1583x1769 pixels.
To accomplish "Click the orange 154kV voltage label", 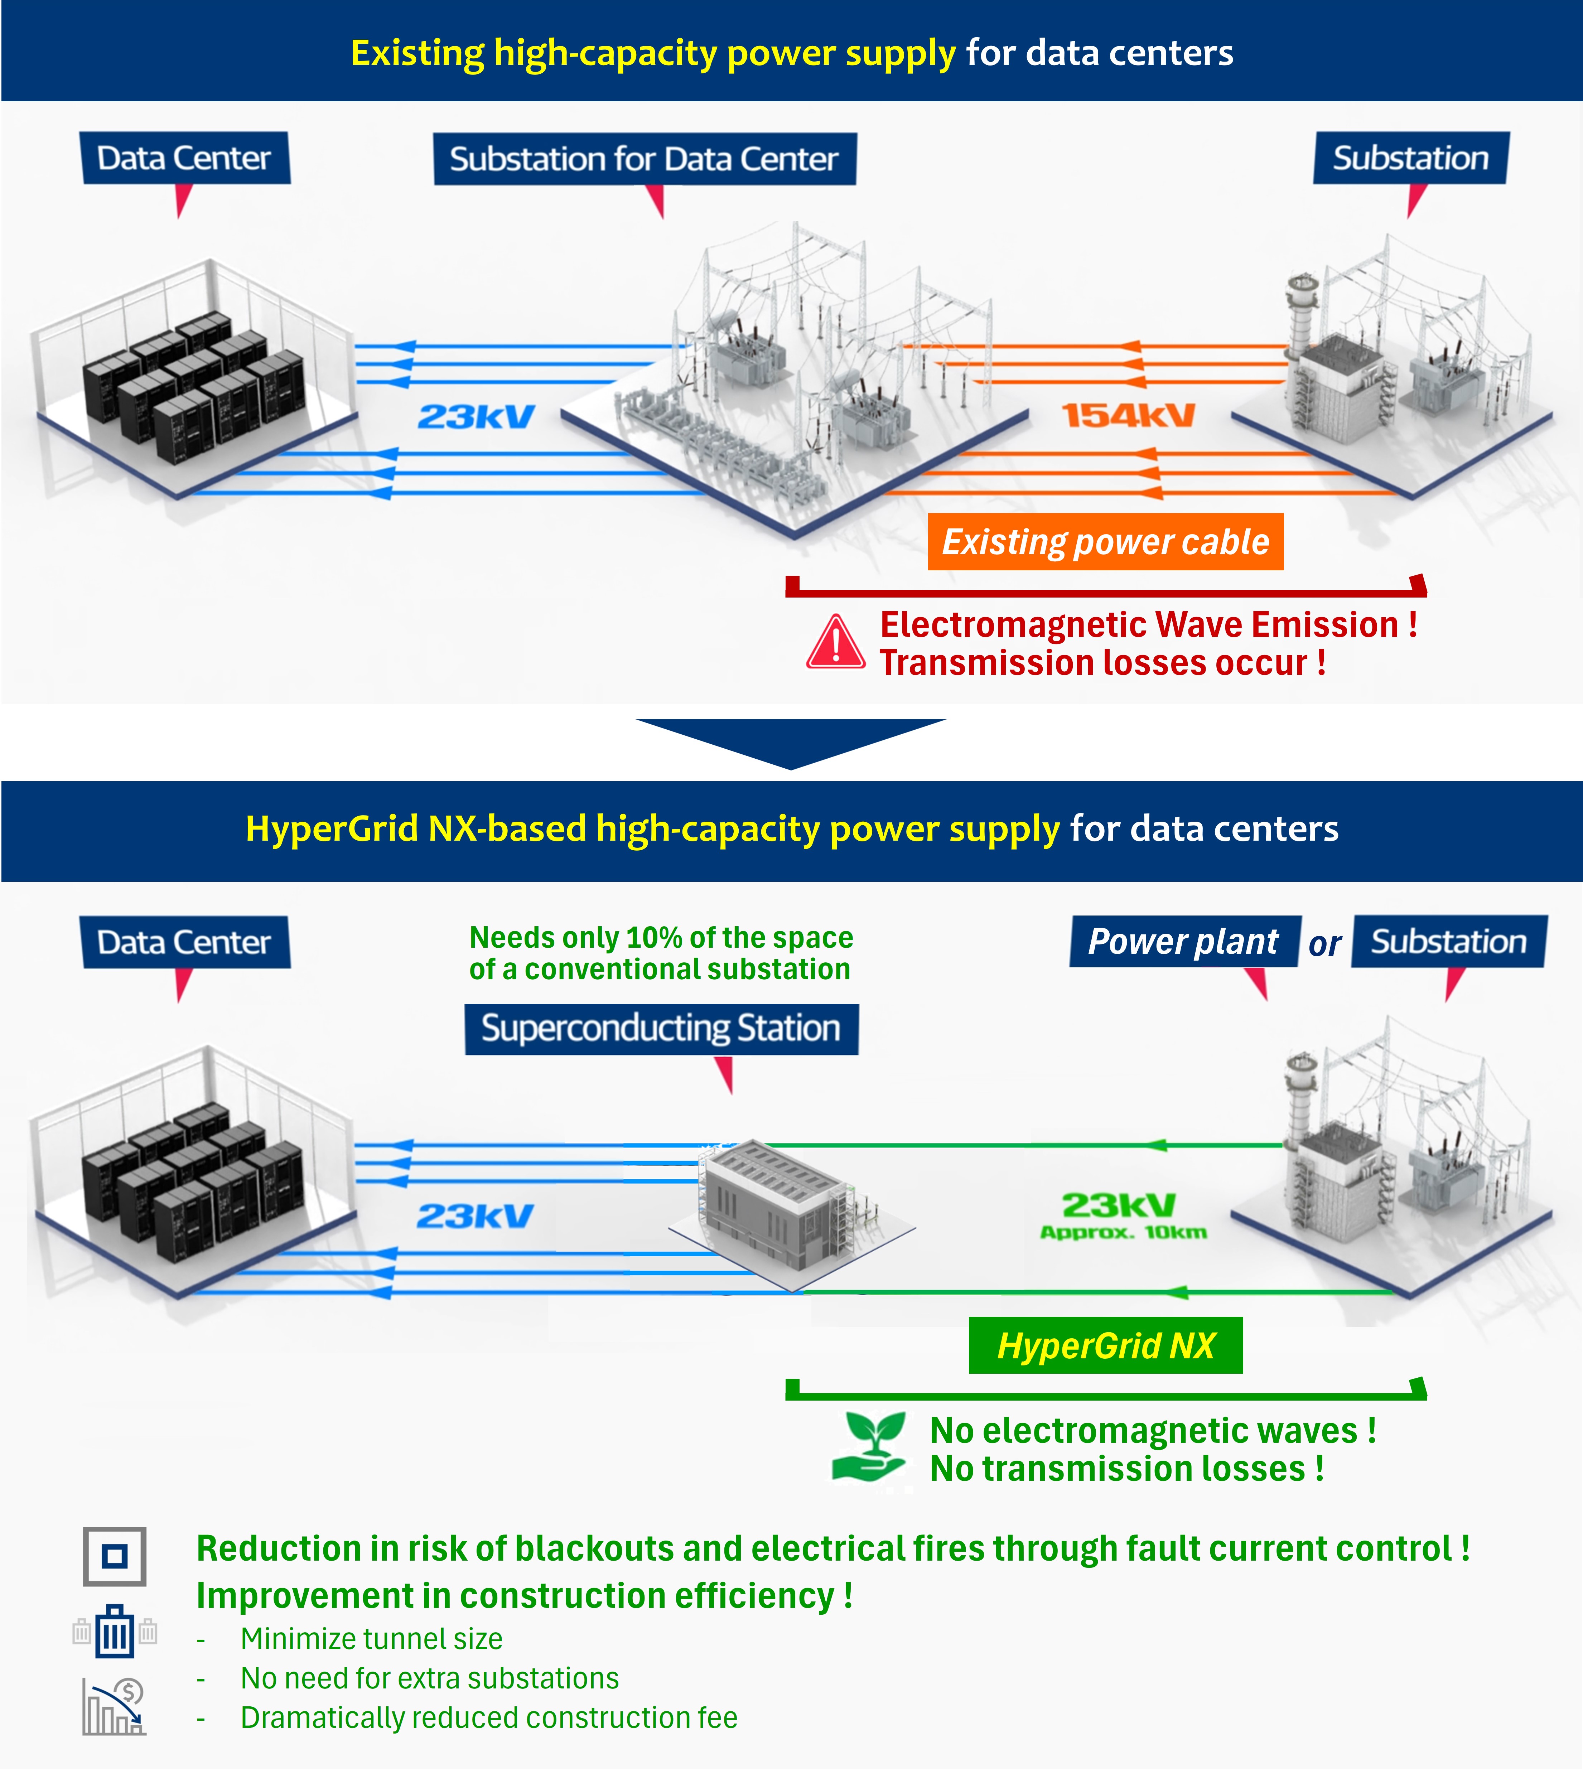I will tap(1128, 416).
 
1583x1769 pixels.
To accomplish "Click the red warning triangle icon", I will tap(835, 644).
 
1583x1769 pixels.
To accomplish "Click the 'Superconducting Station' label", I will tap(661, 1029).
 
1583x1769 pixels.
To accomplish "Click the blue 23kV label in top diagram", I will tap(476, 417).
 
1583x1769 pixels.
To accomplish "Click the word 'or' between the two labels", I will tap(1325, 944).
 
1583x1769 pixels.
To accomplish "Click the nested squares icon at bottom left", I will tap(114, 1556).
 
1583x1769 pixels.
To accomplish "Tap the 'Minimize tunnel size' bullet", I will tap(371, 1639).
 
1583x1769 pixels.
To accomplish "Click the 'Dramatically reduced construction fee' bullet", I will tap(489, 1718).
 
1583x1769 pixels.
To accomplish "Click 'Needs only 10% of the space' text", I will tap(661, 938).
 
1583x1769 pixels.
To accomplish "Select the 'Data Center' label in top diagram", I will tap(184, 158).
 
